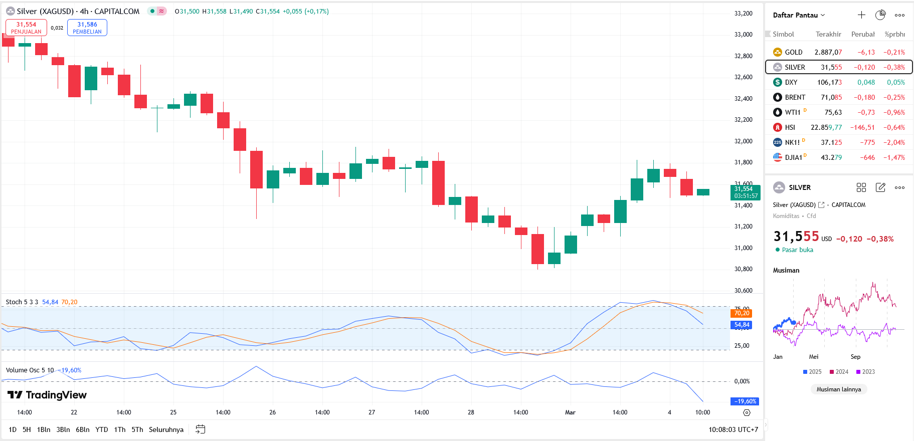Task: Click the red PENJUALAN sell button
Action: [26, 28]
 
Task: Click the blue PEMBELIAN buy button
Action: [87, 28]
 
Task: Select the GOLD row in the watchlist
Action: [793, 52]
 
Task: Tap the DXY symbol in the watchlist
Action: [791, 82]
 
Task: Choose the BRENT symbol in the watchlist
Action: [795, 97]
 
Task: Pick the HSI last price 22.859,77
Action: [826, 127]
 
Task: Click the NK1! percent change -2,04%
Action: [894, 142]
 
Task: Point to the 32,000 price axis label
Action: [743, 141]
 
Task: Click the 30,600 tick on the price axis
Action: [743, 291]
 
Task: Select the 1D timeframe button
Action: [13, 429]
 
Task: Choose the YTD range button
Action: [102, 429]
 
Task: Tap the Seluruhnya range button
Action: [166, 429]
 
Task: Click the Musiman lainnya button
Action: [838, 389]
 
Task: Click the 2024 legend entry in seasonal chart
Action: [839, 372]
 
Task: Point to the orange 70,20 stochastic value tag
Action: [742, 313]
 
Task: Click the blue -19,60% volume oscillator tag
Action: [745, 401]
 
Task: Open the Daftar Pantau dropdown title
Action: [798, 15]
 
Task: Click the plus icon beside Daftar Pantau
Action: [861, 15]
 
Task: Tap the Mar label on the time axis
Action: [570, 412]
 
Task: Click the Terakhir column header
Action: [828, 34]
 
